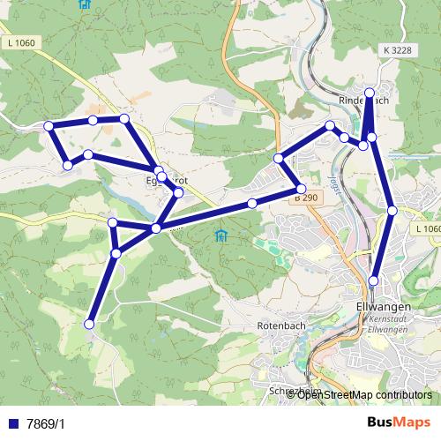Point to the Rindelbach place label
click(x=364, y=101)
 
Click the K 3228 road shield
click(x=398, y=50)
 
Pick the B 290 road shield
click(x=305, y=199)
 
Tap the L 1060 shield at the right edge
click(x=426, y=228)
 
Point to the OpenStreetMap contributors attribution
click(x=363, y=394)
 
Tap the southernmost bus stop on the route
click(x=88, y=325)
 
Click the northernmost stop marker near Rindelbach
click(x=370, y=92)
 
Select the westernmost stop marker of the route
click(x=49, y=126)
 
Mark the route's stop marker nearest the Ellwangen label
click(x=374, y=280)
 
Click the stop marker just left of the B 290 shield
click(x=252, y=204)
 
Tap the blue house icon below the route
click(x=220, y=235)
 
